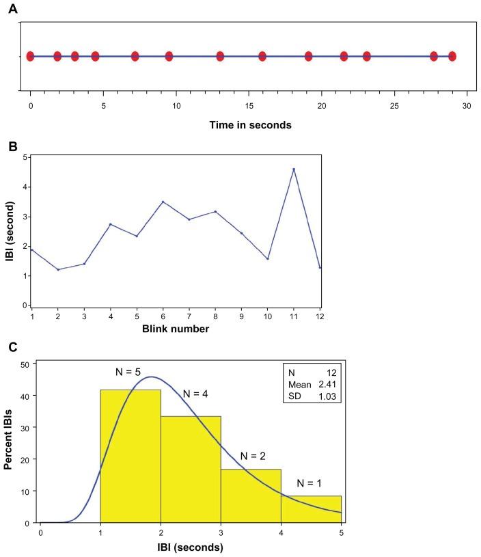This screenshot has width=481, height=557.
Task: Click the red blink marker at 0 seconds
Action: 30,56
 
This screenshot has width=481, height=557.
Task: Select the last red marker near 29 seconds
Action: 452,56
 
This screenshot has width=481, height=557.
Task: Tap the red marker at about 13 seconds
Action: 220,56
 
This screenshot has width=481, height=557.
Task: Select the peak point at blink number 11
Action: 294,169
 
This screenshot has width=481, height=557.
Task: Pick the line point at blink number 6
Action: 162,202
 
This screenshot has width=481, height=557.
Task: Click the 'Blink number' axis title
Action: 176,329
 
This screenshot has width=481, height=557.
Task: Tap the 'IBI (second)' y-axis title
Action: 10,231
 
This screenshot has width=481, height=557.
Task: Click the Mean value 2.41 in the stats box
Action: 325,383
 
